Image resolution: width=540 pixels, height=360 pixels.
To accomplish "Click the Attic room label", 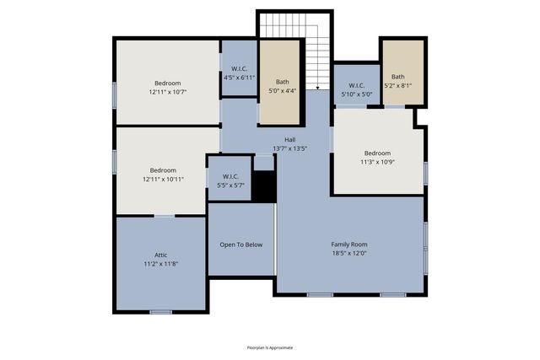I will pos(160,255).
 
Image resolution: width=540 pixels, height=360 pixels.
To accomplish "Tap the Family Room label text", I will pos(349,244).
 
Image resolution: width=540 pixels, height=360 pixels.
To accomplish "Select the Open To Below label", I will pos(241,244).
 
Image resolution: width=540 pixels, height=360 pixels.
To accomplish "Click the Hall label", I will pos(289,140).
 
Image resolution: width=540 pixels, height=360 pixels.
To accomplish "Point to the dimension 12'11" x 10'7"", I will pos(167,92).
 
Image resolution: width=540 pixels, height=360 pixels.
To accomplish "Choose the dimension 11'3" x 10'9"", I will pos(377,162).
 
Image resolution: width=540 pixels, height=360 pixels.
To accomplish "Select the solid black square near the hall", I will pos(264,187).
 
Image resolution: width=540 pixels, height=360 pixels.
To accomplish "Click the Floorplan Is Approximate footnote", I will pos(270,347).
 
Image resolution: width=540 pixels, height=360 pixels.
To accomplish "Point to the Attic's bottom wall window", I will pos(160,312).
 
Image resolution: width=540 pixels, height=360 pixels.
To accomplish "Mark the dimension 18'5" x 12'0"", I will pos(349,253).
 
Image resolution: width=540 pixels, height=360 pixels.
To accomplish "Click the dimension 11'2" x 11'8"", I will pos(160,263).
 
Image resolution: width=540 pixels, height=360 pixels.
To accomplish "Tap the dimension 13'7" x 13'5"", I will pos(289,148).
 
